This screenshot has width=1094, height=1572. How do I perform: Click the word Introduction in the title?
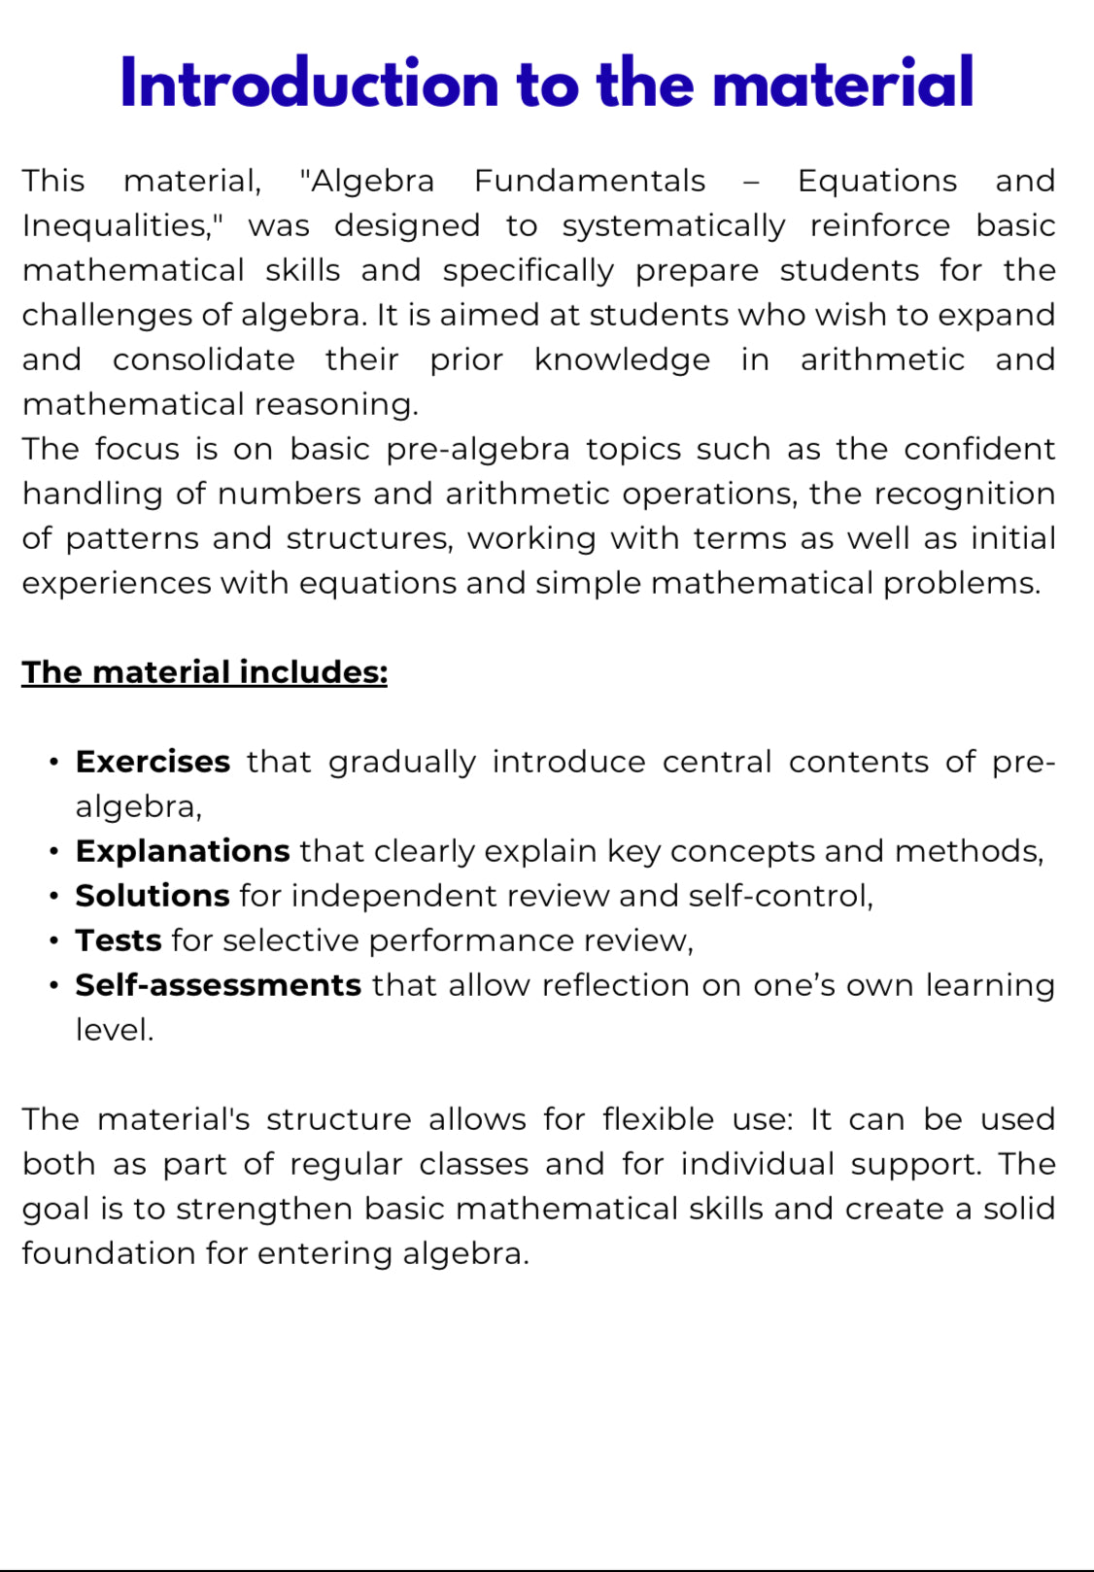tap(310, 84)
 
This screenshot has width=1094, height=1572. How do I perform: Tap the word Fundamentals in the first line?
tap(590, 182)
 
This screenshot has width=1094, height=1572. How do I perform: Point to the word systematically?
tap(673, 226)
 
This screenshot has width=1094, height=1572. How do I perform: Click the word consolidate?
tap(203, 360)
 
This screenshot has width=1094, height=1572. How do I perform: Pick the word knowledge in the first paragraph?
tap(622, 360)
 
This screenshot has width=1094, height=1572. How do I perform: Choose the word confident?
tap(978, 450)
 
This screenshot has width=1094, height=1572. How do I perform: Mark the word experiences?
tap(117, 584)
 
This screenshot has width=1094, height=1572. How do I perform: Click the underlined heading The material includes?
tap(204, 672)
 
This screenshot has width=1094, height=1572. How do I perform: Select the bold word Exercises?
tap(153, 762)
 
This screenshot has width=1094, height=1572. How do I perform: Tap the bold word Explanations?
tap(182, 851)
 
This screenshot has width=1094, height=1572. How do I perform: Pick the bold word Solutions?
tap(152, 896)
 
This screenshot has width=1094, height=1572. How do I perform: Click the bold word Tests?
tap(118, 940)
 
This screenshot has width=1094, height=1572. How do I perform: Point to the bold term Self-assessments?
tap(218, 985)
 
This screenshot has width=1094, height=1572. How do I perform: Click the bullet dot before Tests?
tap(54, 940)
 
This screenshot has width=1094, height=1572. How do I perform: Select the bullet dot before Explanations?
tap(54, 851)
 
